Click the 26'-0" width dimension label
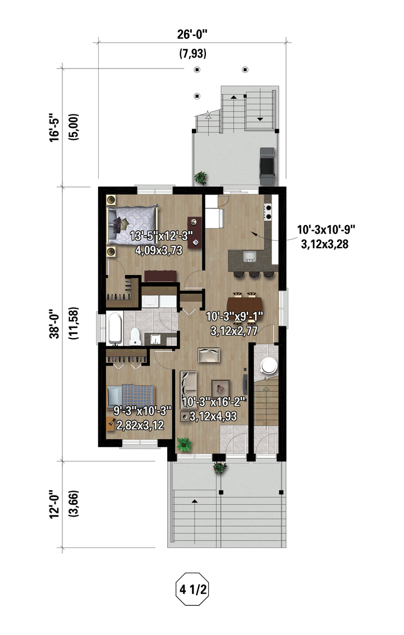[192, 34]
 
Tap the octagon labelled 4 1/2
[192, 589]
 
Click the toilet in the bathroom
[135, 336]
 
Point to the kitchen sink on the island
[249, 257]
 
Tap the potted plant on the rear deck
[200, 178]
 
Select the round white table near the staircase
[269, 366]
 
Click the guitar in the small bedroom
[111, 424]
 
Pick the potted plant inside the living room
[184, 445]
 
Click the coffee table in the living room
[221, 389]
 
